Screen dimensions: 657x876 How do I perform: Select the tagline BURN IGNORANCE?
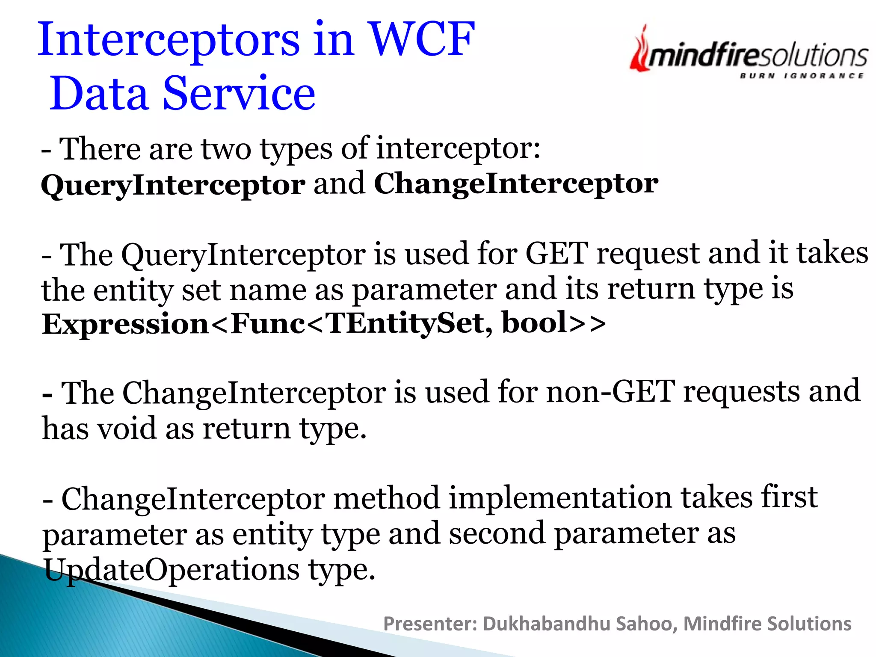click(x=802, y=76)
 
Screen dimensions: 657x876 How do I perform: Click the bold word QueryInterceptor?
click(x=173, y=185)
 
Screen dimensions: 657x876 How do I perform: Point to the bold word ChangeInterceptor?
click(x=516, y=183)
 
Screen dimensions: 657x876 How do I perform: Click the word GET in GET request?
click(x=556, y=253)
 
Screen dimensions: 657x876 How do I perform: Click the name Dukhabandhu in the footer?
click(x=546, y=624)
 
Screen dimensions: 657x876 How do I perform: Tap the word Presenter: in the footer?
click(x=430, y=624)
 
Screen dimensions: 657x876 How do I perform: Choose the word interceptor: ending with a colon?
click(x=458, y=149)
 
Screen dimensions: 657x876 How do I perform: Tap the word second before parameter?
click(x=497, y=534)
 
